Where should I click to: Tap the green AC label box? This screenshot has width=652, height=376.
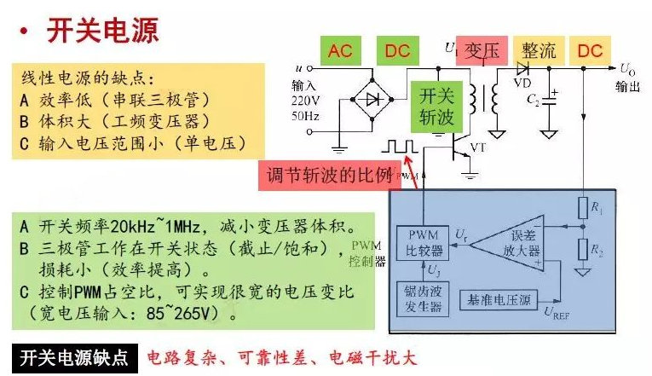(339, 50)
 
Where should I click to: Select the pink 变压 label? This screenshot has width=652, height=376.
(482, 50)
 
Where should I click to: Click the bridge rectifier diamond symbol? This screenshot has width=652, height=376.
(372, 100)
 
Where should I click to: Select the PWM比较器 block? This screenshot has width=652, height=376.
(424, 242)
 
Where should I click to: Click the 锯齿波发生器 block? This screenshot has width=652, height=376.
(424, 298)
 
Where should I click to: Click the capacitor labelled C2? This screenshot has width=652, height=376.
(551, 98)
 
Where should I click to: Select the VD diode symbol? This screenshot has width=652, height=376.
(522, 67)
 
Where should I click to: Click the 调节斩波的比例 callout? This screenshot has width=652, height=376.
(326, 176)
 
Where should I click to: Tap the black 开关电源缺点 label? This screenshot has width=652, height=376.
(74, 357)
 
